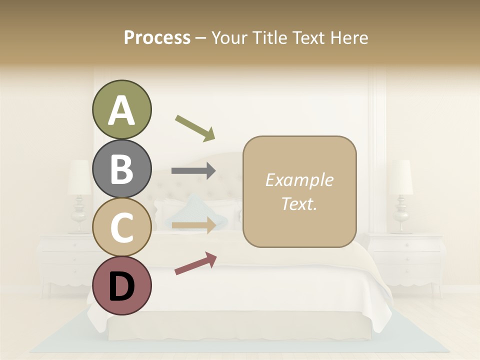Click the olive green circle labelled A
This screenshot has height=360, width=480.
[121, 109]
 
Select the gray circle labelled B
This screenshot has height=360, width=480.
[121, 168]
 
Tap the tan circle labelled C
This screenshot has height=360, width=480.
[121, 227]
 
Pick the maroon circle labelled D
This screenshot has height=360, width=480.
[121, 285]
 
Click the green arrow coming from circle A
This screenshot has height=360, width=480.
[195, 127]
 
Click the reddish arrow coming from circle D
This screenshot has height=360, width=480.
[195, 263]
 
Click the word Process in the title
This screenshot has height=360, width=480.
[157, 37]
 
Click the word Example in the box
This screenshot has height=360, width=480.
[299, 180]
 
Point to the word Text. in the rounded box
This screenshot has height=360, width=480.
[299, 203]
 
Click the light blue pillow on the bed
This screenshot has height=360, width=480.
[197, 210]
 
